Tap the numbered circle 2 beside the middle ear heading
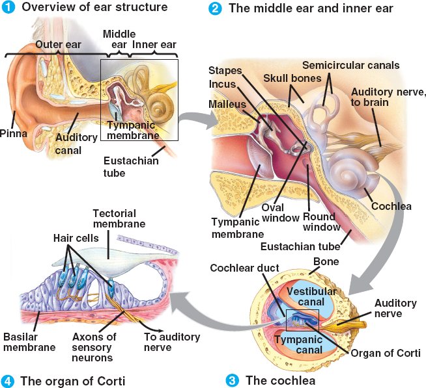pos(216,8)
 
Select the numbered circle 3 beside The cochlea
pos(232,380)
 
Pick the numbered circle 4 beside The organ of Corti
pos(8,380)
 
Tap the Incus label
pos(222,84)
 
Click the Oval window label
pos(279,213)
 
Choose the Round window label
pos(322,222)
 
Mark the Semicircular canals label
pos(351,66)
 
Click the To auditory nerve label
pos(171,342)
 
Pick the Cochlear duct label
pos(246,268)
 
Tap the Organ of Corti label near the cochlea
pos(386,353)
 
